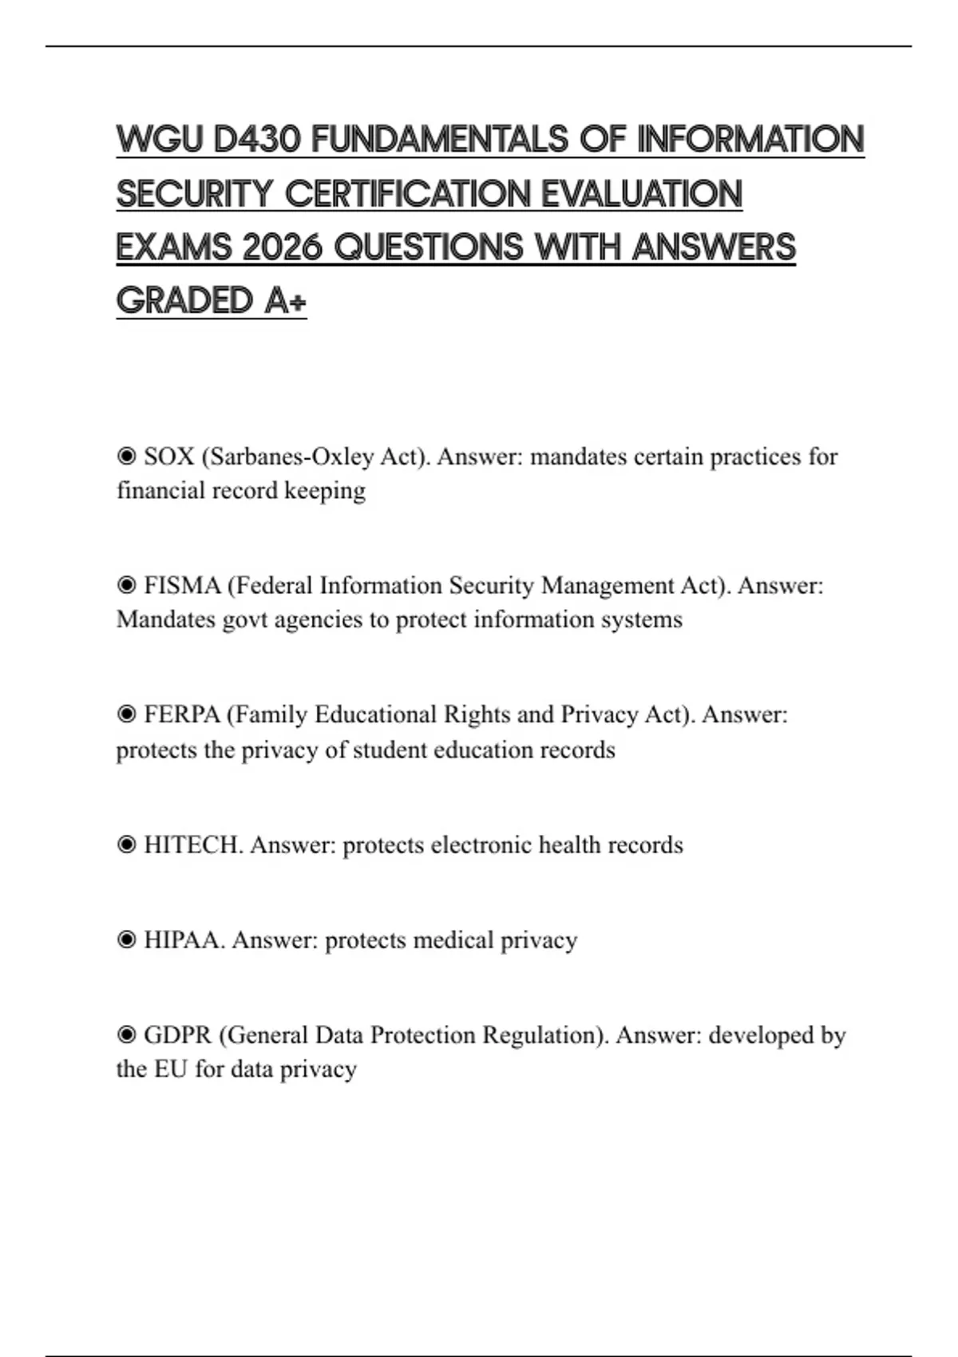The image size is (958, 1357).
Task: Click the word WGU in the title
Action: click(160, 140)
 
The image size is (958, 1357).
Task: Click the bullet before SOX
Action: click(126, 457)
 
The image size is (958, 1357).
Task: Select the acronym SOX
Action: click(169, 457)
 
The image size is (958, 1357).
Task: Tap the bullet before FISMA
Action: click(126, 586)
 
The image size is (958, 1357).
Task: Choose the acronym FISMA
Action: click(182, 586)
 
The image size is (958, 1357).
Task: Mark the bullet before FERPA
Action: click(126, 714)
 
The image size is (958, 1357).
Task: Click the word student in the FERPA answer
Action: click(387, 750)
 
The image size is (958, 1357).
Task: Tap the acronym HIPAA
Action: click(184, 940)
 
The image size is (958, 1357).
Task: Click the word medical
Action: click(453, 940)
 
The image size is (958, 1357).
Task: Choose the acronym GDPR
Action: click(177, 1035)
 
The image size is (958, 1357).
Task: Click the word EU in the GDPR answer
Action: click(170, 1070)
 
